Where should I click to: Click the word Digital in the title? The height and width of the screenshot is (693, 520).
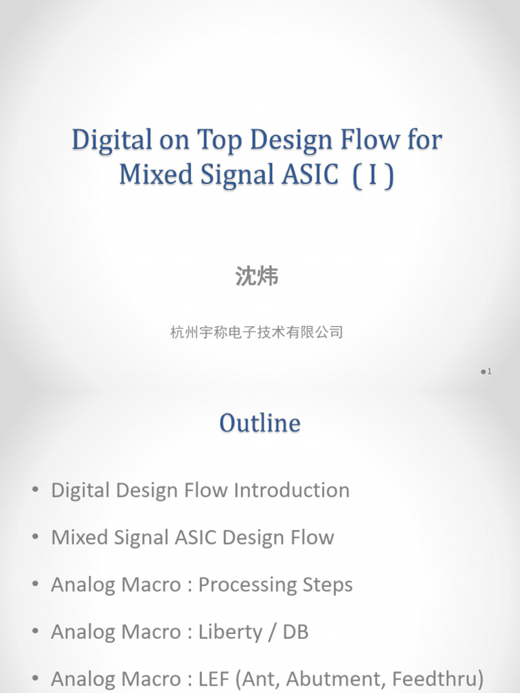click(x=112, y=141)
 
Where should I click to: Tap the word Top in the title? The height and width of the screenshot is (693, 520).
click(x=221, y=141)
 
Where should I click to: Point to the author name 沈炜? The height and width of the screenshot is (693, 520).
click(x=257, y=276)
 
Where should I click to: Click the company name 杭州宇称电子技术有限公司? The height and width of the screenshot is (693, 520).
click(x=257, y=332)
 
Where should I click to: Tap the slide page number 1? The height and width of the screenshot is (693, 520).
click(x=488, y=372)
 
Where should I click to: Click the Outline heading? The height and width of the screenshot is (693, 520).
click(x=260, y=423)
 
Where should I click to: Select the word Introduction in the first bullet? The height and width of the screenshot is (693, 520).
click(x=292, y=490)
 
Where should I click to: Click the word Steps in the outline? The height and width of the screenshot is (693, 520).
click(x=328, y=585)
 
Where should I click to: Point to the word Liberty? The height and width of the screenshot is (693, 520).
click(x=230, y=632)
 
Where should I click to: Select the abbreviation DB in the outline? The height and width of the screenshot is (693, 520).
click(x=295, y=632)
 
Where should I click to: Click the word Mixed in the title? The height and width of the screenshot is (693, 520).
click(x=149, y=175)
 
